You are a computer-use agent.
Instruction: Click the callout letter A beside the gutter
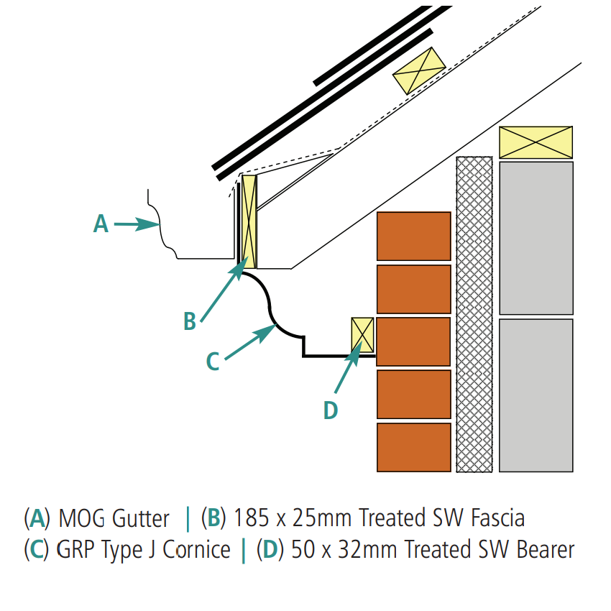(101, 224)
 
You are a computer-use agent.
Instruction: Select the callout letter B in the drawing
(190, 321)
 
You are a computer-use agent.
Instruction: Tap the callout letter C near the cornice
(212, 362)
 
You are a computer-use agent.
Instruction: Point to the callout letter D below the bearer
(330, 410)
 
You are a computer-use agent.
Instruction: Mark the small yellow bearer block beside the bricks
(362, 335)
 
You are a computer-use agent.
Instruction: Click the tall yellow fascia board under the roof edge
(249, 221)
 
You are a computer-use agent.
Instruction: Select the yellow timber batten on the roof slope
(418, 70)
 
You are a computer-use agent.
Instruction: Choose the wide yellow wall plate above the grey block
(536, 142)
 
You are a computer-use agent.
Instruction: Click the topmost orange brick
(413, 236)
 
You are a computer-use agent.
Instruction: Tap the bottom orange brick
(413, 447)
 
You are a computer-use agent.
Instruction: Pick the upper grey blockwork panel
(536, 238)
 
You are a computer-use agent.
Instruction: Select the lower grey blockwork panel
(536, 395)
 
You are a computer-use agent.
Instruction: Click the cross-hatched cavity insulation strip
(474, 315)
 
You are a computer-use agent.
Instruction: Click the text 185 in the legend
(249, 518)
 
